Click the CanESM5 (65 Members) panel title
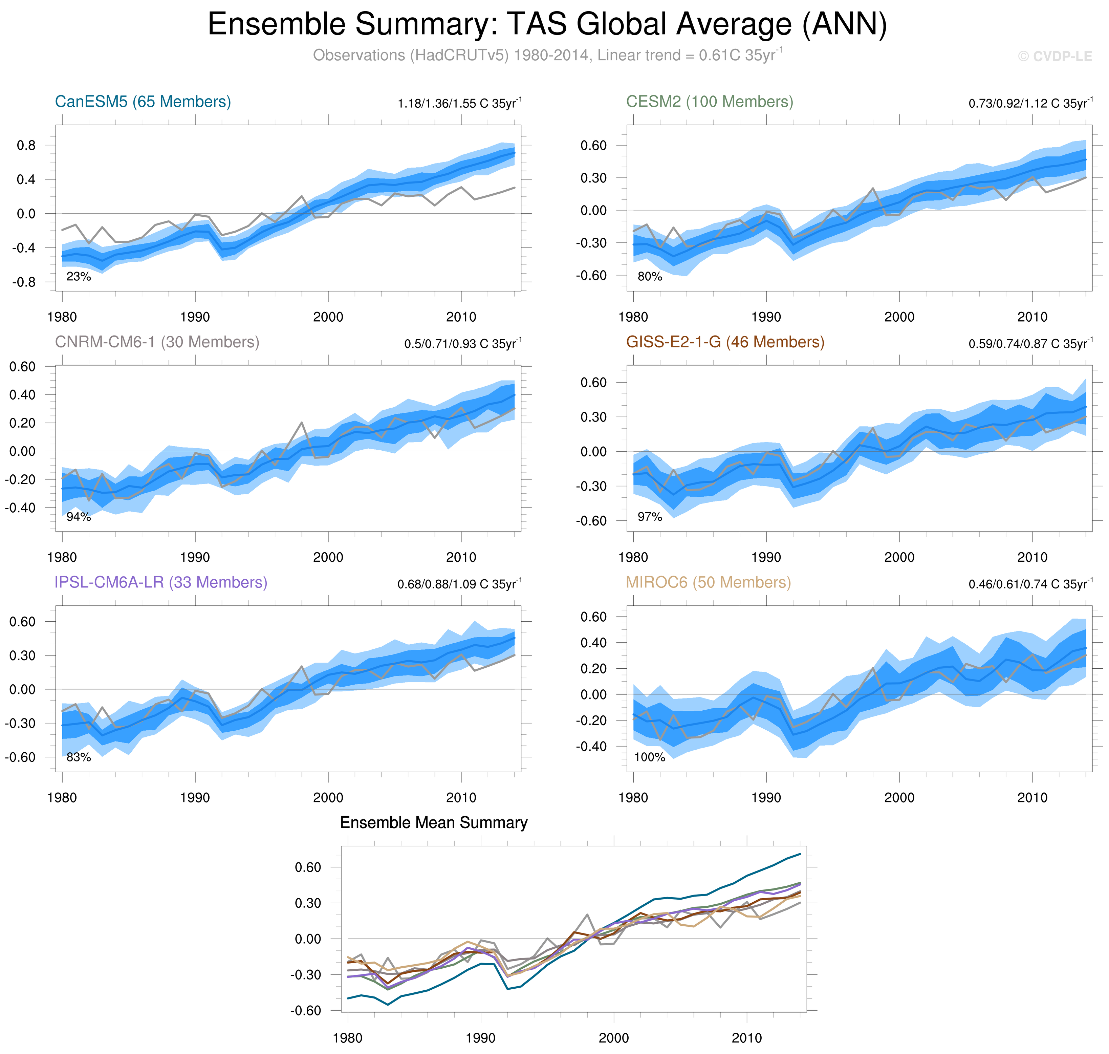(x=143, y=102)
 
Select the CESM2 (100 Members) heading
(x=710, y=102)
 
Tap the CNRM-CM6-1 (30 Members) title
(x=157, y=342)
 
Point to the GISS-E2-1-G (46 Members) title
(x=725, y=342)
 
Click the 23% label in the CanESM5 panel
(x=79, y=276)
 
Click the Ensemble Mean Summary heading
(x=434, y=822)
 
